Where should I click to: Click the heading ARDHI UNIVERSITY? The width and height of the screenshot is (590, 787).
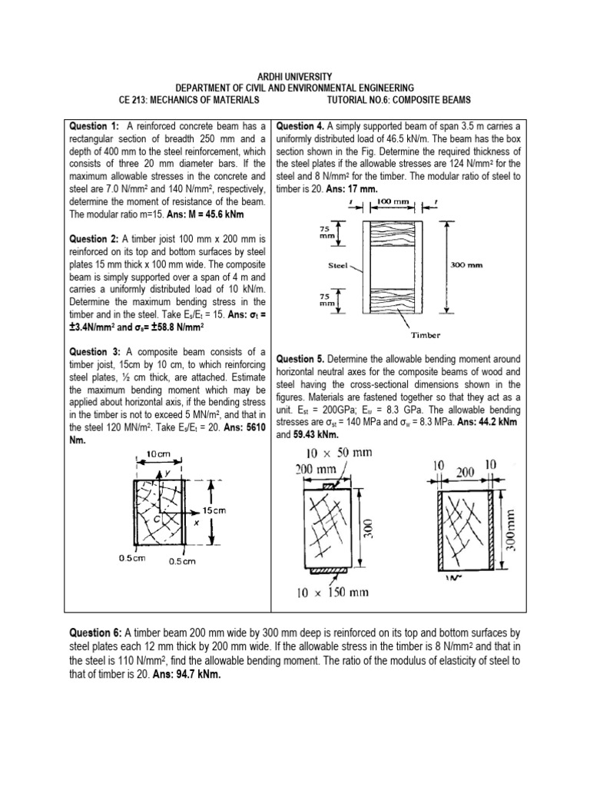click(295, 77)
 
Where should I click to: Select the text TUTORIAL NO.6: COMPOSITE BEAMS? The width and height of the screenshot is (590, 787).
click(399, 101)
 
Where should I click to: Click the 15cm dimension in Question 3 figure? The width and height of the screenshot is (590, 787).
click(215, 510)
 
